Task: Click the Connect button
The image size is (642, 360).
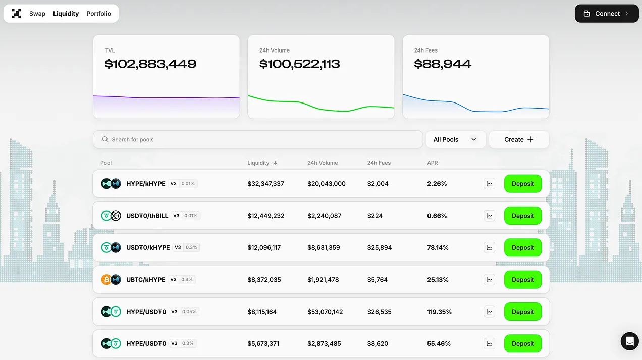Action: [x=606, y=14]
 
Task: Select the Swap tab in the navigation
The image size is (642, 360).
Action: [x=37, y=14]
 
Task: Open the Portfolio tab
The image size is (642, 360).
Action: [x=98, y=14]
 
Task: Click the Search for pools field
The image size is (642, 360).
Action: [x=257, y=139]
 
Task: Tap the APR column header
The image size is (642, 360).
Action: [x=433, y=163]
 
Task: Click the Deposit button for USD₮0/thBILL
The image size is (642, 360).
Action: [x=522, y=216]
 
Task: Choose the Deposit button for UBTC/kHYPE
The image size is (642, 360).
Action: [x=522, y=280]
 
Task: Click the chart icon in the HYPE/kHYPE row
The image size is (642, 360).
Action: [x=489, y=184]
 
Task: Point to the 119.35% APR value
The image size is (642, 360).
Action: [x=439, y=312]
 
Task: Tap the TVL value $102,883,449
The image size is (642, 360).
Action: [x=150, y=64]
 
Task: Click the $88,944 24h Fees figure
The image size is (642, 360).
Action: [x=443, y=64]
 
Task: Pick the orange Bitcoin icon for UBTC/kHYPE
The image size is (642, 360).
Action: [x=106, y=280]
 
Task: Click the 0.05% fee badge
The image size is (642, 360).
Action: [x=189, y=312]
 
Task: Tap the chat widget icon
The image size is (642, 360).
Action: [x=629, y=341]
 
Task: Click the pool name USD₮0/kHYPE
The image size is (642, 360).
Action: [x=148, y=248]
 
